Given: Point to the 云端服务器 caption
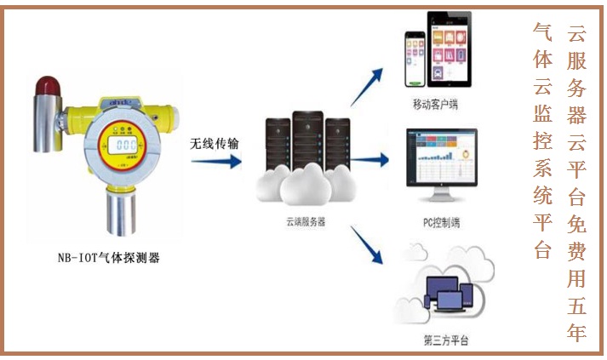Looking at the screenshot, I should (x=305, y=220).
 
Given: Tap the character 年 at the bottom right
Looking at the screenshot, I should (x=577, y=331).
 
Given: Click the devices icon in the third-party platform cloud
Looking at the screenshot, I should (x=444, y=294).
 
